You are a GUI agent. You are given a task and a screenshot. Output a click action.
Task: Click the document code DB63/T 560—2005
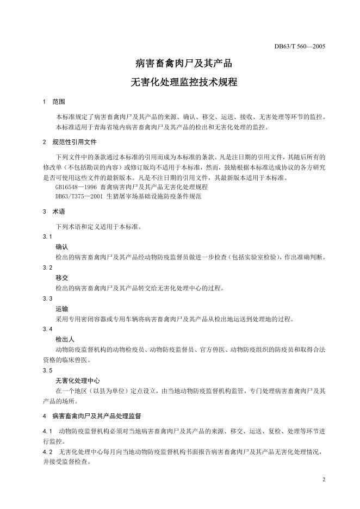(300, 46)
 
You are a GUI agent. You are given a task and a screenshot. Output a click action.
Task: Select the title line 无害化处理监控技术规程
(180, 84)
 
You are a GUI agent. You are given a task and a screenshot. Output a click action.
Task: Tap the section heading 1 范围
(54, 102)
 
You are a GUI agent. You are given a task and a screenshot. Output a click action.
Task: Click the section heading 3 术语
(54, 212)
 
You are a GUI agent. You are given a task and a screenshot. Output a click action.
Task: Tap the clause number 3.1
(47, 237)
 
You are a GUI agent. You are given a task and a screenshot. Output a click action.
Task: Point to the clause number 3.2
(47, 268)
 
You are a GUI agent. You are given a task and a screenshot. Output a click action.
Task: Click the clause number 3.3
(47, 299)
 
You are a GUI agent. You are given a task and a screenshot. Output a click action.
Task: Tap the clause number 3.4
(47, 329)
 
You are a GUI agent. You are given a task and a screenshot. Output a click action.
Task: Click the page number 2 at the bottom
(323, 480)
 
